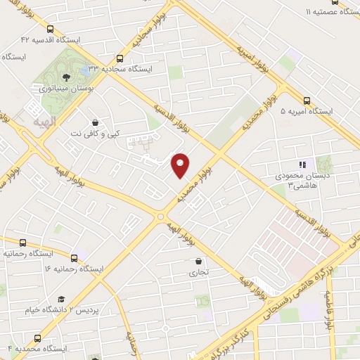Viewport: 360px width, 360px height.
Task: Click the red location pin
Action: [181, 165]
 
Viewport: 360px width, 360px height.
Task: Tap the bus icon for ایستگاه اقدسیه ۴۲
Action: [50, 30]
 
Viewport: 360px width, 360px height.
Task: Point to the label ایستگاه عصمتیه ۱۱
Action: [326, 13]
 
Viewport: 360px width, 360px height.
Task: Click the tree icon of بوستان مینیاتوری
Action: [65, 77]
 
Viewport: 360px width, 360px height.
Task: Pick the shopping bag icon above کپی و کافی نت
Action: [95, 122]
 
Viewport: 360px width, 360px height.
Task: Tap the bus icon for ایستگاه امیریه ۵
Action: [307, 101]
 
